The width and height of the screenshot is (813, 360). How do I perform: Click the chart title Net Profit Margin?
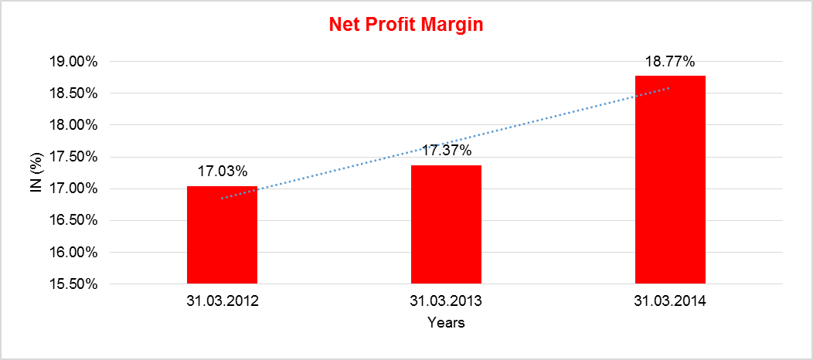tap(406, 25)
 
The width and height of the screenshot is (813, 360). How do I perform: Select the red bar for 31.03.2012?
tap(222, 235)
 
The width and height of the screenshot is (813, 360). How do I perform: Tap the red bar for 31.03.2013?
tap(446, 224)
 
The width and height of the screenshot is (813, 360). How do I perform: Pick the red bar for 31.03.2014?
tap(670, 179)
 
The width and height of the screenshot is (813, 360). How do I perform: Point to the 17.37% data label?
tap(446, 152)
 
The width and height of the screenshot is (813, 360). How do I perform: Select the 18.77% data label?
tap(670, 62)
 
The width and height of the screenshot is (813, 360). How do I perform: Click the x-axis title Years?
tap(446, 323)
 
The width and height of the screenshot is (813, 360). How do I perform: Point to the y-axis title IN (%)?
tap(36, 172)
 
